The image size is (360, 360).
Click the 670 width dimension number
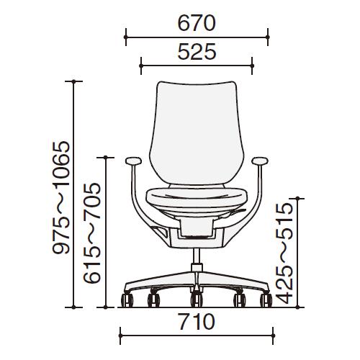(197, 23)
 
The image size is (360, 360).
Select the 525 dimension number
(197, 51)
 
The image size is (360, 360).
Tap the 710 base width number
(197, 322)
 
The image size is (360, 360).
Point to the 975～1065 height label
(61, 197)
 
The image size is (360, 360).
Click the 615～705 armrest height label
(91, 233)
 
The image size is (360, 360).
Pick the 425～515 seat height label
(284, 253)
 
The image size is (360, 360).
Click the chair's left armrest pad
(133, 161)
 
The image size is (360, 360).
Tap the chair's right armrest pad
(260, 161)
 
